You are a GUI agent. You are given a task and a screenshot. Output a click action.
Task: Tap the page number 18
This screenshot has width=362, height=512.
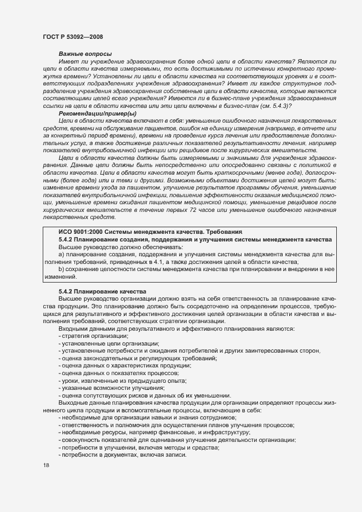[45, 465]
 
